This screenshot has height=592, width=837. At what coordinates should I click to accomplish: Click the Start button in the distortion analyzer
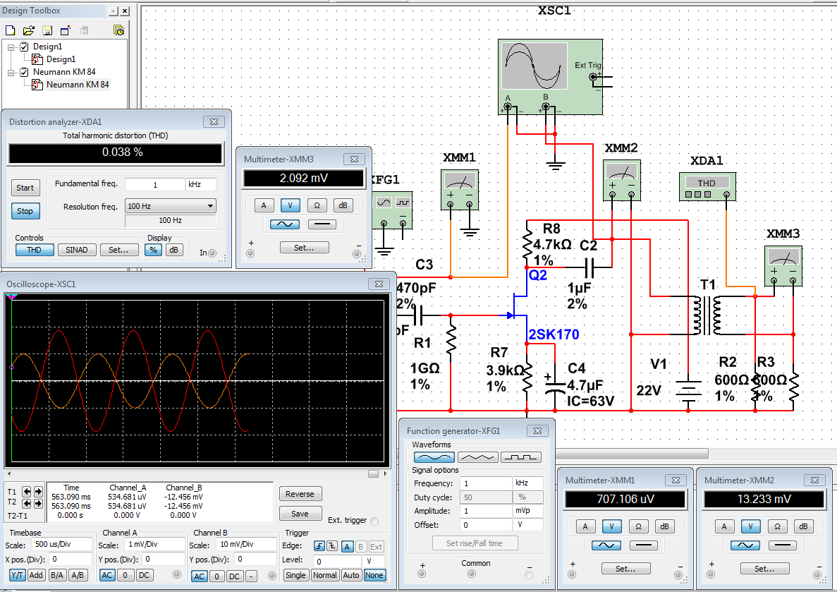tap(25, 188)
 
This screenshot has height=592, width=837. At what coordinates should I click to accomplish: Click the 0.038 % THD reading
tap(115, 152)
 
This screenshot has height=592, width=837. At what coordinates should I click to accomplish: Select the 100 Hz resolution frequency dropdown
tap(170, 207)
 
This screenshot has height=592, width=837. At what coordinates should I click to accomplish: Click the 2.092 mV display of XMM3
tap(305, 178)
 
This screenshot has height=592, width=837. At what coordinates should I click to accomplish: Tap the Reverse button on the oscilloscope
tap(300, 494)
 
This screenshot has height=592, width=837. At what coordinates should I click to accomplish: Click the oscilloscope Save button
tap(300, 514)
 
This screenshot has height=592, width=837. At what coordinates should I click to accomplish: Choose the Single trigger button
tap(295, 575)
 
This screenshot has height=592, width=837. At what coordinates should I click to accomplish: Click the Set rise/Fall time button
tap(475, 543)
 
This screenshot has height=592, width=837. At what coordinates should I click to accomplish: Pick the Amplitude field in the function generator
tap(486, 510)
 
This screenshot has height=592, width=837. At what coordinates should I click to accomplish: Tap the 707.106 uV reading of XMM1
tap(625, 500)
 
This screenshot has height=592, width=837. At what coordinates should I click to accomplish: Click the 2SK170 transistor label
tap(553, 335)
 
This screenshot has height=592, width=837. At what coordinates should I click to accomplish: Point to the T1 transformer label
tap(707, 284)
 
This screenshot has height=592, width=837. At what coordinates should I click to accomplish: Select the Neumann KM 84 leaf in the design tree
tap(78, 85)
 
